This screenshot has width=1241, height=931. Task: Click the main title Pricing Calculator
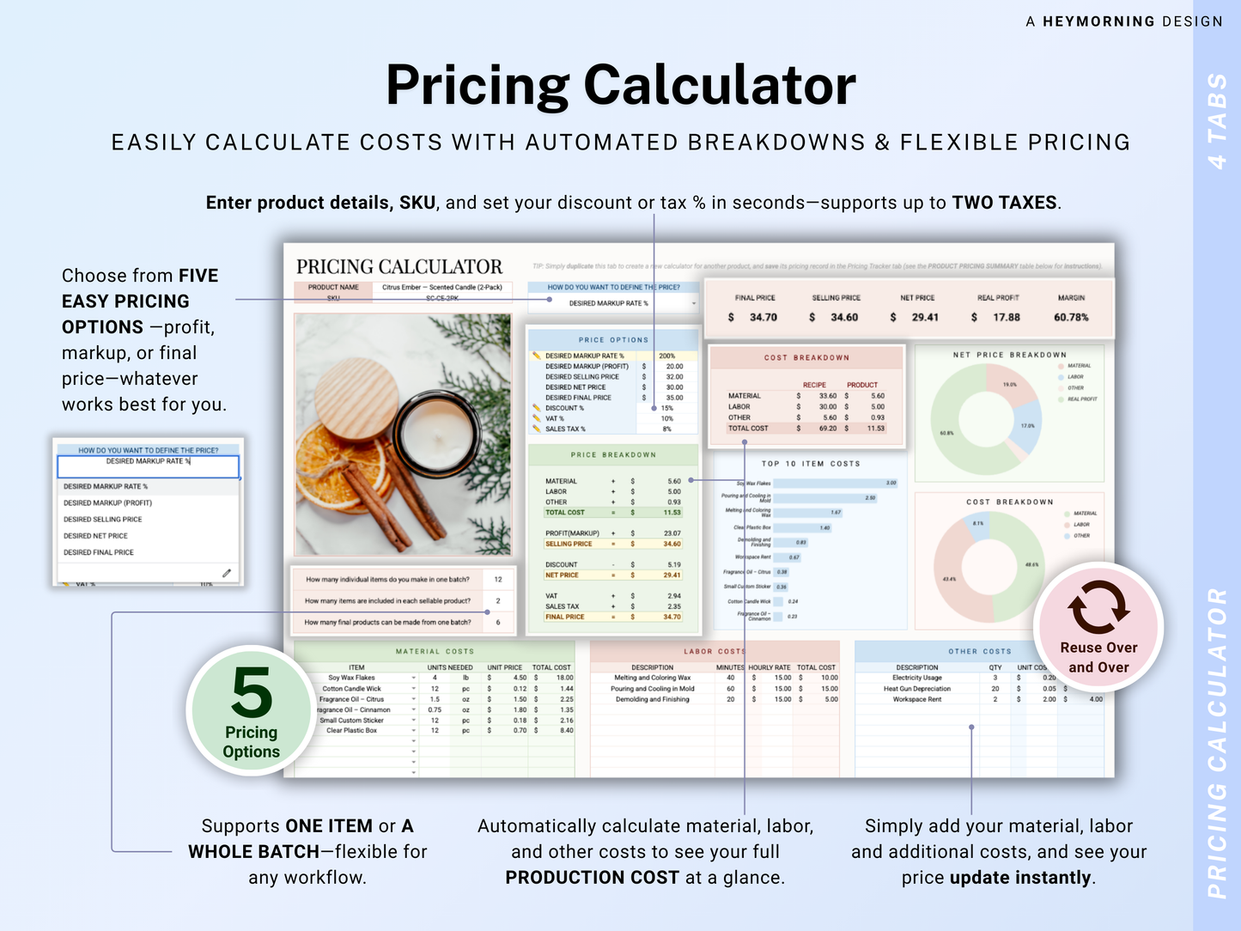click(620, 86)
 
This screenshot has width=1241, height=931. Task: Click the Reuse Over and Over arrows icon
click(1098, 606)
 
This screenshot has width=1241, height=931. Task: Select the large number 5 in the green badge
click(251, 693)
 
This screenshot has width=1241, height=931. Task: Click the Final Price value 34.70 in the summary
click(763, 318)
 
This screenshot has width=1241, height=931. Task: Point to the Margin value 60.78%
click(1071, 318)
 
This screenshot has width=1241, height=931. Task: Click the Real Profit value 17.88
click(1007, 318)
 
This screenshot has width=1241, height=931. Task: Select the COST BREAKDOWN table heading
click(806, 357)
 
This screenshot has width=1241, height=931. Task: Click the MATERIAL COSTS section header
click(435, 652)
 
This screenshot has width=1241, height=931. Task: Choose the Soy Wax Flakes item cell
click(351, 678)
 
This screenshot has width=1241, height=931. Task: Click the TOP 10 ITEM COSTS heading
click(810, 464)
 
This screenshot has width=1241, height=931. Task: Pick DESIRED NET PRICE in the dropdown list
click(95, 536)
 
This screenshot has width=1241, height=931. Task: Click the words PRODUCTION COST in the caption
click(592, 878)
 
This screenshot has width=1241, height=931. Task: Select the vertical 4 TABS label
click(1217, 120)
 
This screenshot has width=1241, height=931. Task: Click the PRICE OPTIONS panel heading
click(613, 340)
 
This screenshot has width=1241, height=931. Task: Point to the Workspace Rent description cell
click(916, 699)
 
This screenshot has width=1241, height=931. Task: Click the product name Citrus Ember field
click(442, 288)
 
